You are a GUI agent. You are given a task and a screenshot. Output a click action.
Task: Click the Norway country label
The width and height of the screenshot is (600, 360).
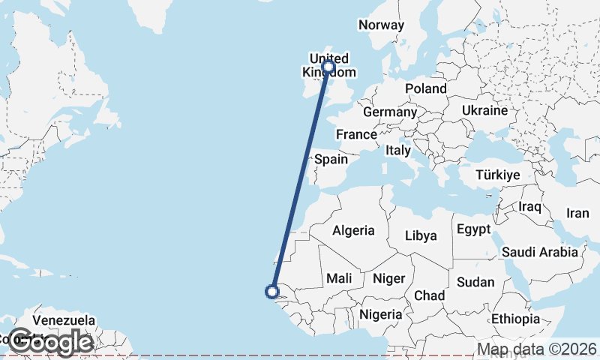[381, 25]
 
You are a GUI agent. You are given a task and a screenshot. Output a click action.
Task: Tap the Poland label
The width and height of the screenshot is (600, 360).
[425, 88]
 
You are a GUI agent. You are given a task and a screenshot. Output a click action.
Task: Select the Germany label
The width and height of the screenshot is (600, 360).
[389, 112]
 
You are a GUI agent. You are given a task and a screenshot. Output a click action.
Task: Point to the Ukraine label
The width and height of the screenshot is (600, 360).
[484, 110]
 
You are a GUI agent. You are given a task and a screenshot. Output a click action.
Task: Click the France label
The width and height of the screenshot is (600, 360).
[355, 134]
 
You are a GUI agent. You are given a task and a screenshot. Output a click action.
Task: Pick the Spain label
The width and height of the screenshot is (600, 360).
[331, 159]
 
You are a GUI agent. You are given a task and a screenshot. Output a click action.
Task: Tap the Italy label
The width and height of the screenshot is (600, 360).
[398, 151]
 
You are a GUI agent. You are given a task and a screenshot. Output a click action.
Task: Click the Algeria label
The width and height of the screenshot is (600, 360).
[353, 230]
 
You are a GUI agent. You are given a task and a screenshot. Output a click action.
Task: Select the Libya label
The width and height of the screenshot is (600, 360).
[420, 235]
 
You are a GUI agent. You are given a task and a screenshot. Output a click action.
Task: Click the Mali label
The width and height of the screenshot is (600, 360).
[339, 279]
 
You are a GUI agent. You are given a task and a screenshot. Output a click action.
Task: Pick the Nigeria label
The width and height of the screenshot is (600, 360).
[381, 314]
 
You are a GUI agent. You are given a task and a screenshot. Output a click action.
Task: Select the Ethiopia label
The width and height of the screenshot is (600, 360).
[515, 319]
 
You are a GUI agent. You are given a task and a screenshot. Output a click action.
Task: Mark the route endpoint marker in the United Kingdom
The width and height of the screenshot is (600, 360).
[328, 67]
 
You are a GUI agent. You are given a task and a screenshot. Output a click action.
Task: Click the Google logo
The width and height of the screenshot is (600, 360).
[50, 342]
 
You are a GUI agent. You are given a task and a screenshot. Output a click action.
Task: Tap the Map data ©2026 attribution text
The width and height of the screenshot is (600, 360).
[537, 349]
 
